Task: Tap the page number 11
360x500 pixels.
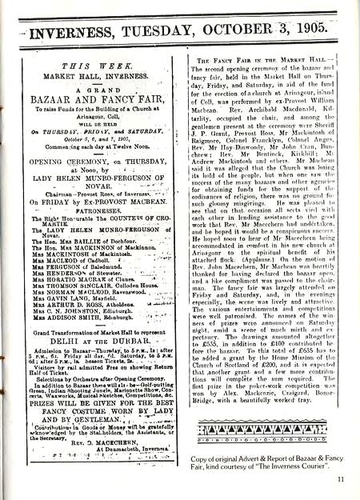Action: pyautogui.click(x=341, y=479)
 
